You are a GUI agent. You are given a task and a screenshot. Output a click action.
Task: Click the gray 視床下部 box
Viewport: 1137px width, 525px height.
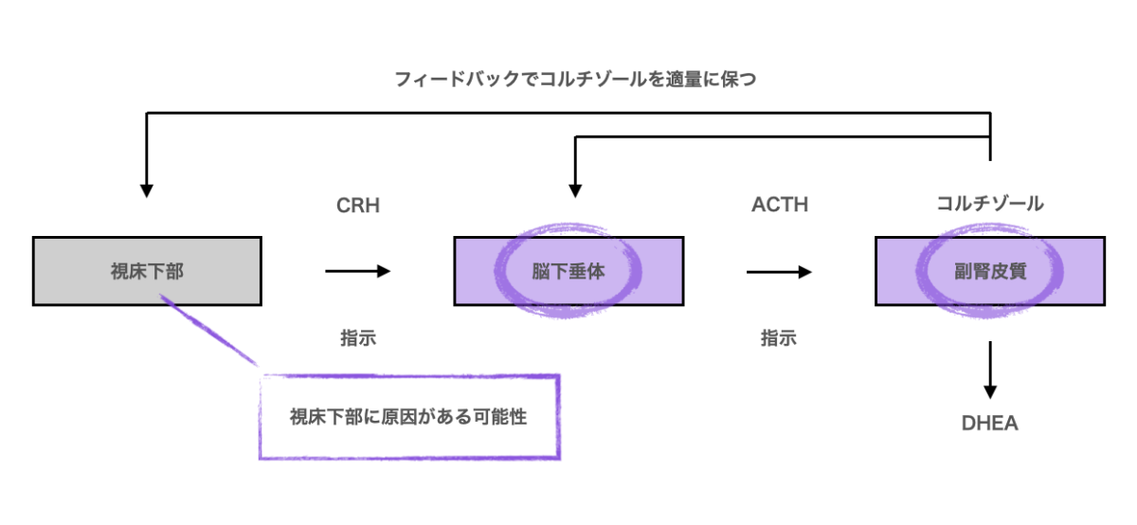[147, 271]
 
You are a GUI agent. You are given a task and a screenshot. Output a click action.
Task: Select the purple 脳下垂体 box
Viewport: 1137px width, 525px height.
[568, 271]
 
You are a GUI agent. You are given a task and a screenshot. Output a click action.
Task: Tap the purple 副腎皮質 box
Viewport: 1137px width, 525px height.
[989, 271]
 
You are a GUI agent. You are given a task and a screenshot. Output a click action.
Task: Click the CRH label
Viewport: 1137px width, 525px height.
[358, 205]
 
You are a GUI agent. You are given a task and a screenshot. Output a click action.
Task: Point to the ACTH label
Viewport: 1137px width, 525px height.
[779, 205]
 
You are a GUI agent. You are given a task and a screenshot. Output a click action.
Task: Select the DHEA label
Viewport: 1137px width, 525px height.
[989, 424]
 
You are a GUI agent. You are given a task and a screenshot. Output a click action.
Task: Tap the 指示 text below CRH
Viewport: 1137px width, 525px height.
[358, 337]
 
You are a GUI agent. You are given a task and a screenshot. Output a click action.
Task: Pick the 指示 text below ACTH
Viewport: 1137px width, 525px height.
[779, 337]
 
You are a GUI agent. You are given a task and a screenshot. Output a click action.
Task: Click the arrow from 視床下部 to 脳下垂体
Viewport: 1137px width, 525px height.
[358, 271]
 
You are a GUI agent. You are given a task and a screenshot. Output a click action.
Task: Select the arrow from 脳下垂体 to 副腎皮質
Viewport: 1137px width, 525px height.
[779, 271]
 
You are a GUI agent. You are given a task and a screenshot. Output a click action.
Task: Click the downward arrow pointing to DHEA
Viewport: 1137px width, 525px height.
[989, 370]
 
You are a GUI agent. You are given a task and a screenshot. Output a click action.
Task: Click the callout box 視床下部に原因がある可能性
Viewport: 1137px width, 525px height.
[408, 417]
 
